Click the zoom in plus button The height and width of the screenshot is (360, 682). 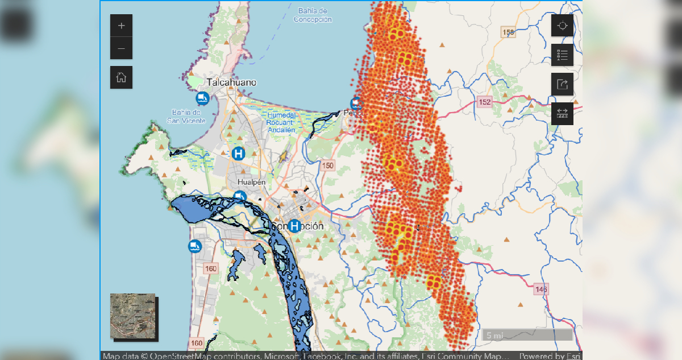(x=121, y=26)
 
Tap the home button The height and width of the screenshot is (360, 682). (x=121, y=77)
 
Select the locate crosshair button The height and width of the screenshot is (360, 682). (x=562, y=26)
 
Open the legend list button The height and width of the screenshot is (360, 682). (x=562, y=55)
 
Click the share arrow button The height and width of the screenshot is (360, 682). (x=562, y=84)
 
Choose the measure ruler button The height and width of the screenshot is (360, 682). (x=562, y=113)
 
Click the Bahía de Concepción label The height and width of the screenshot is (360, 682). (x=313, y=15)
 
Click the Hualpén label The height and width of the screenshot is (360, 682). (x=252, y=182)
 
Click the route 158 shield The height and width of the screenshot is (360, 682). (x=508, y=32)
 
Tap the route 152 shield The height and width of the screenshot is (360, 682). (x=484, y=102)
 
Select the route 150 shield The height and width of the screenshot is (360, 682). (x=328, y=165)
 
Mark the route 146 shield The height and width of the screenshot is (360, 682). (x=541, y=289)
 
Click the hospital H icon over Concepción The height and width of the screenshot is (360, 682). (x=294, y=226)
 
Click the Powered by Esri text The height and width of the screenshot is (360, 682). (x=549, y=356)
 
